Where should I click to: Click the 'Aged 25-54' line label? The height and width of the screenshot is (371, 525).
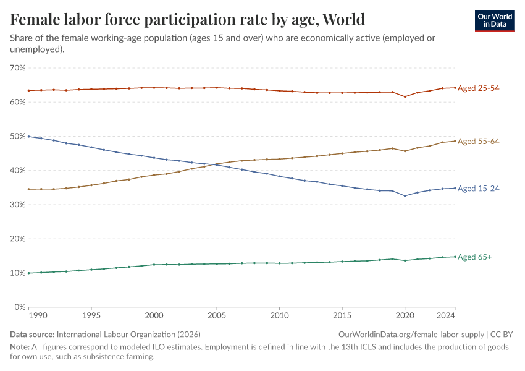click(478, 88)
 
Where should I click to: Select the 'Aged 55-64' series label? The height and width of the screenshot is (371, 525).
click(478, 142)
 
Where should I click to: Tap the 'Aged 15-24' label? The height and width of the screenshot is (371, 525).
click(478, 189)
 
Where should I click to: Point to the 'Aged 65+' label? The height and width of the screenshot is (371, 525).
click(474, 257)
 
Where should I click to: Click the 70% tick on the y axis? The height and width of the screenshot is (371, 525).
click(18, 67)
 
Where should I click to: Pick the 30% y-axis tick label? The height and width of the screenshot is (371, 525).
click(18, 205)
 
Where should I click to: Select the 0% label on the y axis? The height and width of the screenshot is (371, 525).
click(20, 307)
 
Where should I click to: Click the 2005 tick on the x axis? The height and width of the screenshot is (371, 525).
click(217, 315)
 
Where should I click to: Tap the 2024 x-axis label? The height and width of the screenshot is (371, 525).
click(455, 315)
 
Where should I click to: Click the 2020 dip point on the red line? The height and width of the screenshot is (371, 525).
click(405, 96)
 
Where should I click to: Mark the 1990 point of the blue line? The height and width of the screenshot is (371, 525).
click(29, 136)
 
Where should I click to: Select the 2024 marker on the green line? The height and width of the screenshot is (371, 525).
click(455, 257)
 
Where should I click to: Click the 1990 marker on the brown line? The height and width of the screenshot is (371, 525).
click(29, 189)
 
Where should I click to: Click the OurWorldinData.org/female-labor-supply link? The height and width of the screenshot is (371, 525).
click(411, 335)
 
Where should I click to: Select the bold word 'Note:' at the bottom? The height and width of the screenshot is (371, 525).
click(21, 346)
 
